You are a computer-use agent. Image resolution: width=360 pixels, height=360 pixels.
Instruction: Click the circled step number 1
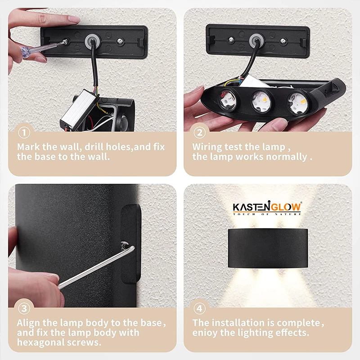pos(24,133)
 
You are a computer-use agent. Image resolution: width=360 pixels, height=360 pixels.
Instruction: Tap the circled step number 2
pos(199,133)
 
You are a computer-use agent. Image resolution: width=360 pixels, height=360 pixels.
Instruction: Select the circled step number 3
pos(24,309)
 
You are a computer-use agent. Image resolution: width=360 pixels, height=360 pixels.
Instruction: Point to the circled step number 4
pos(199,309)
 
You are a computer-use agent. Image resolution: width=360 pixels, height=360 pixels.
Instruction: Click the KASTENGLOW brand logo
pos(267,207)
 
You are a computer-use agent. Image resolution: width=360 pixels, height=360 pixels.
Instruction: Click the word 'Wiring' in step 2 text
pos(208,147)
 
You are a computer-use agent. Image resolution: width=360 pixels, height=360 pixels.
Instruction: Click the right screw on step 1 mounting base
pos(120,41)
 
